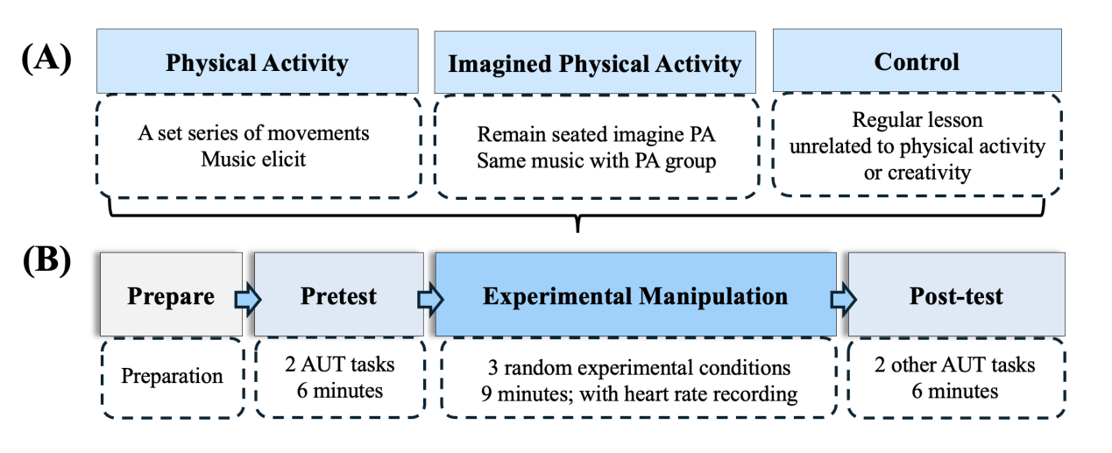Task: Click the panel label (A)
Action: click(46, 59)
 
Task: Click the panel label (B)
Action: click(46, 260)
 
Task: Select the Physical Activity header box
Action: click(257, 61)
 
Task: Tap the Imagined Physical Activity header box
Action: click(595, 62)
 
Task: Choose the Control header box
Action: click(917, 60)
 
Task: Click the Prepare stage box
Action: click(171, 294)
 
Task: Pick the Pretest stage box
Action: click(339, 294)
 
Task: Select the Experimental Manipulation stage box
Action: click(636, 294)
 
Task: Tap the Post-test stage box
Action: click(957, 294)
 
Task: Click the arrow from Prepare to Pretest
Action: click(248, 299)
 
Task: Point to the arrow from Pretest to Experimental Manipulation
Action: click(430, 299)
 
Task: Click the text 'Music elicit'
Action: click(253, 159)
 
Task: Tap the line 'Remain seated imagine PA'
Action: click(596, 134)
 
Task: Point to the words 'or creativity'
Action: click(917, 173)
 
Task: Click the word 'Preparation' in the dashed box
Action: click(172, 376)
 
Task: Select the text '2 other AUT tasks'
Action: click(954, 365)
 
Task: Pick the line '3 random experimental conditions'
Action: click(640, 368)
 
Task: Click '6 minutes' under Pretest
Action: click(340, 391)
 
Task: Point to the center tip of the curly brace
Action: click(577, 231)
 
